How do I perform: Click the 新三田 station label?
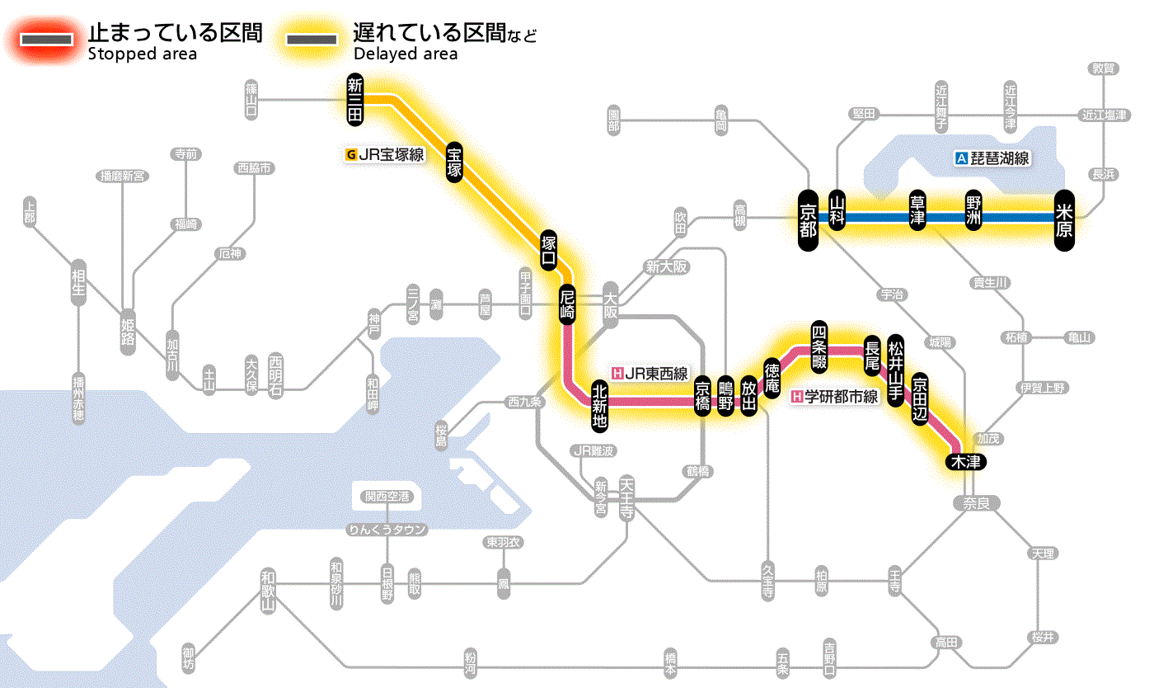[355, 100]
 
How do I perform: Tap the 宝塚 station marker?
[456, 162]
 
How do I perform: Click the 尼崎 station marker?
[567, 304]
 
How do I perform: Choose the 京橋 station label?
[702, 396]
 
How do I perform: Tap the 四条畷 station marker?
[819, 345]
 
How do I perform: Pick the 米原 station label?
[1064, 219]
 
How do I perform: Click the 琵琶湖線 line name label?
[992, 158]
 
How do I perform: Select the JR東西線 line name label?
[650, 373]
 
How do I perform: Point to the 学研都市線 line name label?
[835, 397]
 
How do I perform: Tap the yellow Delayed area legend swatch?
[311, 40]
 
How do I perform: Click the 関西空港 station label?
[387, 497]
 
